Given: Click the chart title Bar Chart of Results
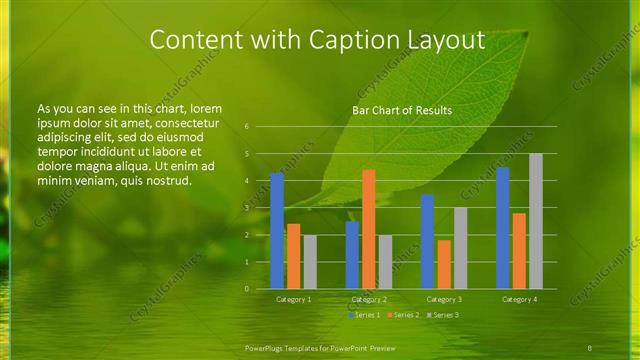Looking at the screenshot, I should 402,110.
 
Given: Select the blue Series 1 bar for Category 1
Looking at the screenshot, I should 277,231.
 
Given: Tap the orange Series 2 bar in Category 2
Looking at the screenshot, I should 368,229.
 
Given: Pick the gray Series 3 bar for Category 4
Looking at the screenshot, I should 536,221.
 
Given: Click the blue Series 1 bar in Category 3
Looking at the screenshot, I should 427,241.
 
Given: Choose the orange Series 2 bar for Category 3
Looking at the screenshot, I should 444,264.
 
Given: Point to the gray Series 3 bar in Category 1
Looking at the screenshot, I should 310,262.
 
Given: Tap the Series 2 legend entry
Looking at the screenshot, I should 402,315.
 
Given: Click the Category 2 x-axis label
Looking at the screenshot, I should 368,299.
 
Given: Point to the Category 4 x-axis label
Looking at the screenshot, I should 519,299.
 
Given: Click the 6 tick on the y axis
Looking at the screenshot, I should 247,127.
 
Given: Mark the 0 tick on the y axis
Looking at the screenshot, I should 247,289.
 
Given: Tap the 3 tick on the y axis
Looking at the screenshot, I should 247,208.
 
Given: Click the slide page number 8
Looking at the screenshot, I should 590,347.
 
